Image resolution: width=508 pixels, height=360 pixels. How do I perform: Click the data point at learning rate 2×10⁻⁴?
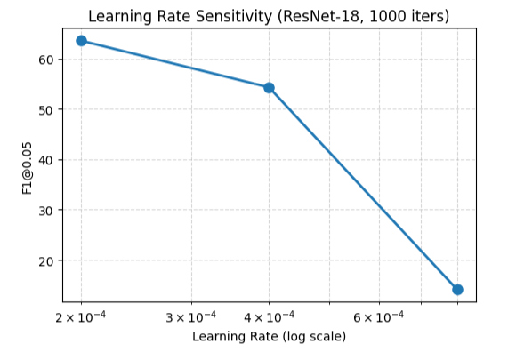tap(82, 41)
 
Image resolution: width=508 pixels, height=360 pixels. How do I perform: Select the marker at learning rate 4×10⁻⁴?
tap(269, 88)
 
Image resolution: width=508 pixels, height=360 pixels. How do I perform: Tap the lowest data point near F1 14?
tap(457, 289)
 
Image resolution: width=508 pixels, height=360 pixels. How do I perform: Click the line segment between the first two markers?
tap(175, 64)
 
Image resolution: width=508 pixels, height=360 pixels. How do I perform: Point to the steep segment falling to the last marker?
tap(363, 188)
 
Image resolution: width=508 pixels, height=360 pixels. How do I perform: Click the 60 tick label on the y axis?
tap(45, 60)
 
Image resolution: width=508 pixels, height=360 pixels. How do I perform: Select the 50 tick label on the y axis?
tap(45, 110)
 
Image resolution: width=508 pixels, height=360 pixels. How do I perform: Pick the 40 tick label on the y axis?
tap(45, 160)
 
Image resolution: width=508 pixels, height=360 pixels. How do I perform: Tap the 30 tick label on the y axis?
tap(45, 211)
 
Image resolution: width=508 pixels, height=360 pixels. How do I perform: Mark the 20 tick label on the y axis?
tap(45, 261)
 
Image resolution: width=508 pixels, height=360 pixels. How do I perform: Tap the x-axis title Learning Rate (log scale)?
tap(269, 338)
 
